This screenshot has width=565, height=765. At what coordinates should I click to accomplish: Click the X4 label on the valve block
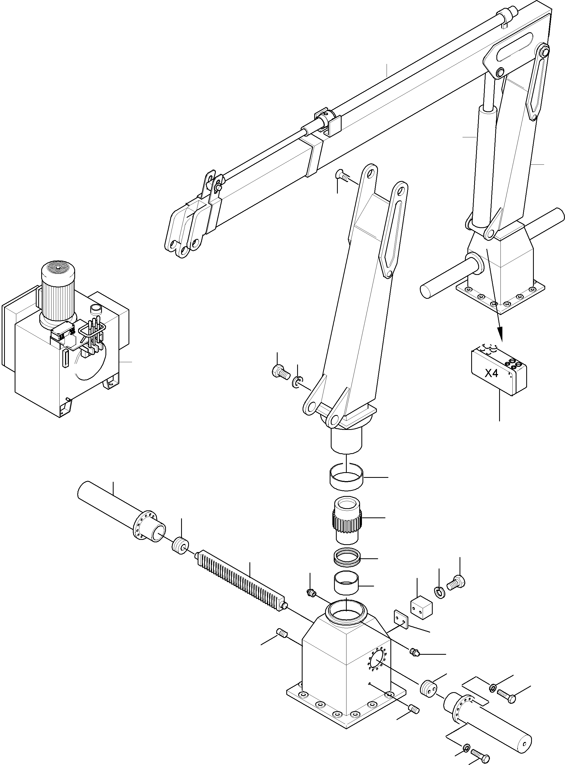point(492,374)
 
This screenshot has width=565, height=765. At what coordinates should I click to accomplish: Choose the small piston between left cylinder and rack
point(180,546)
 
